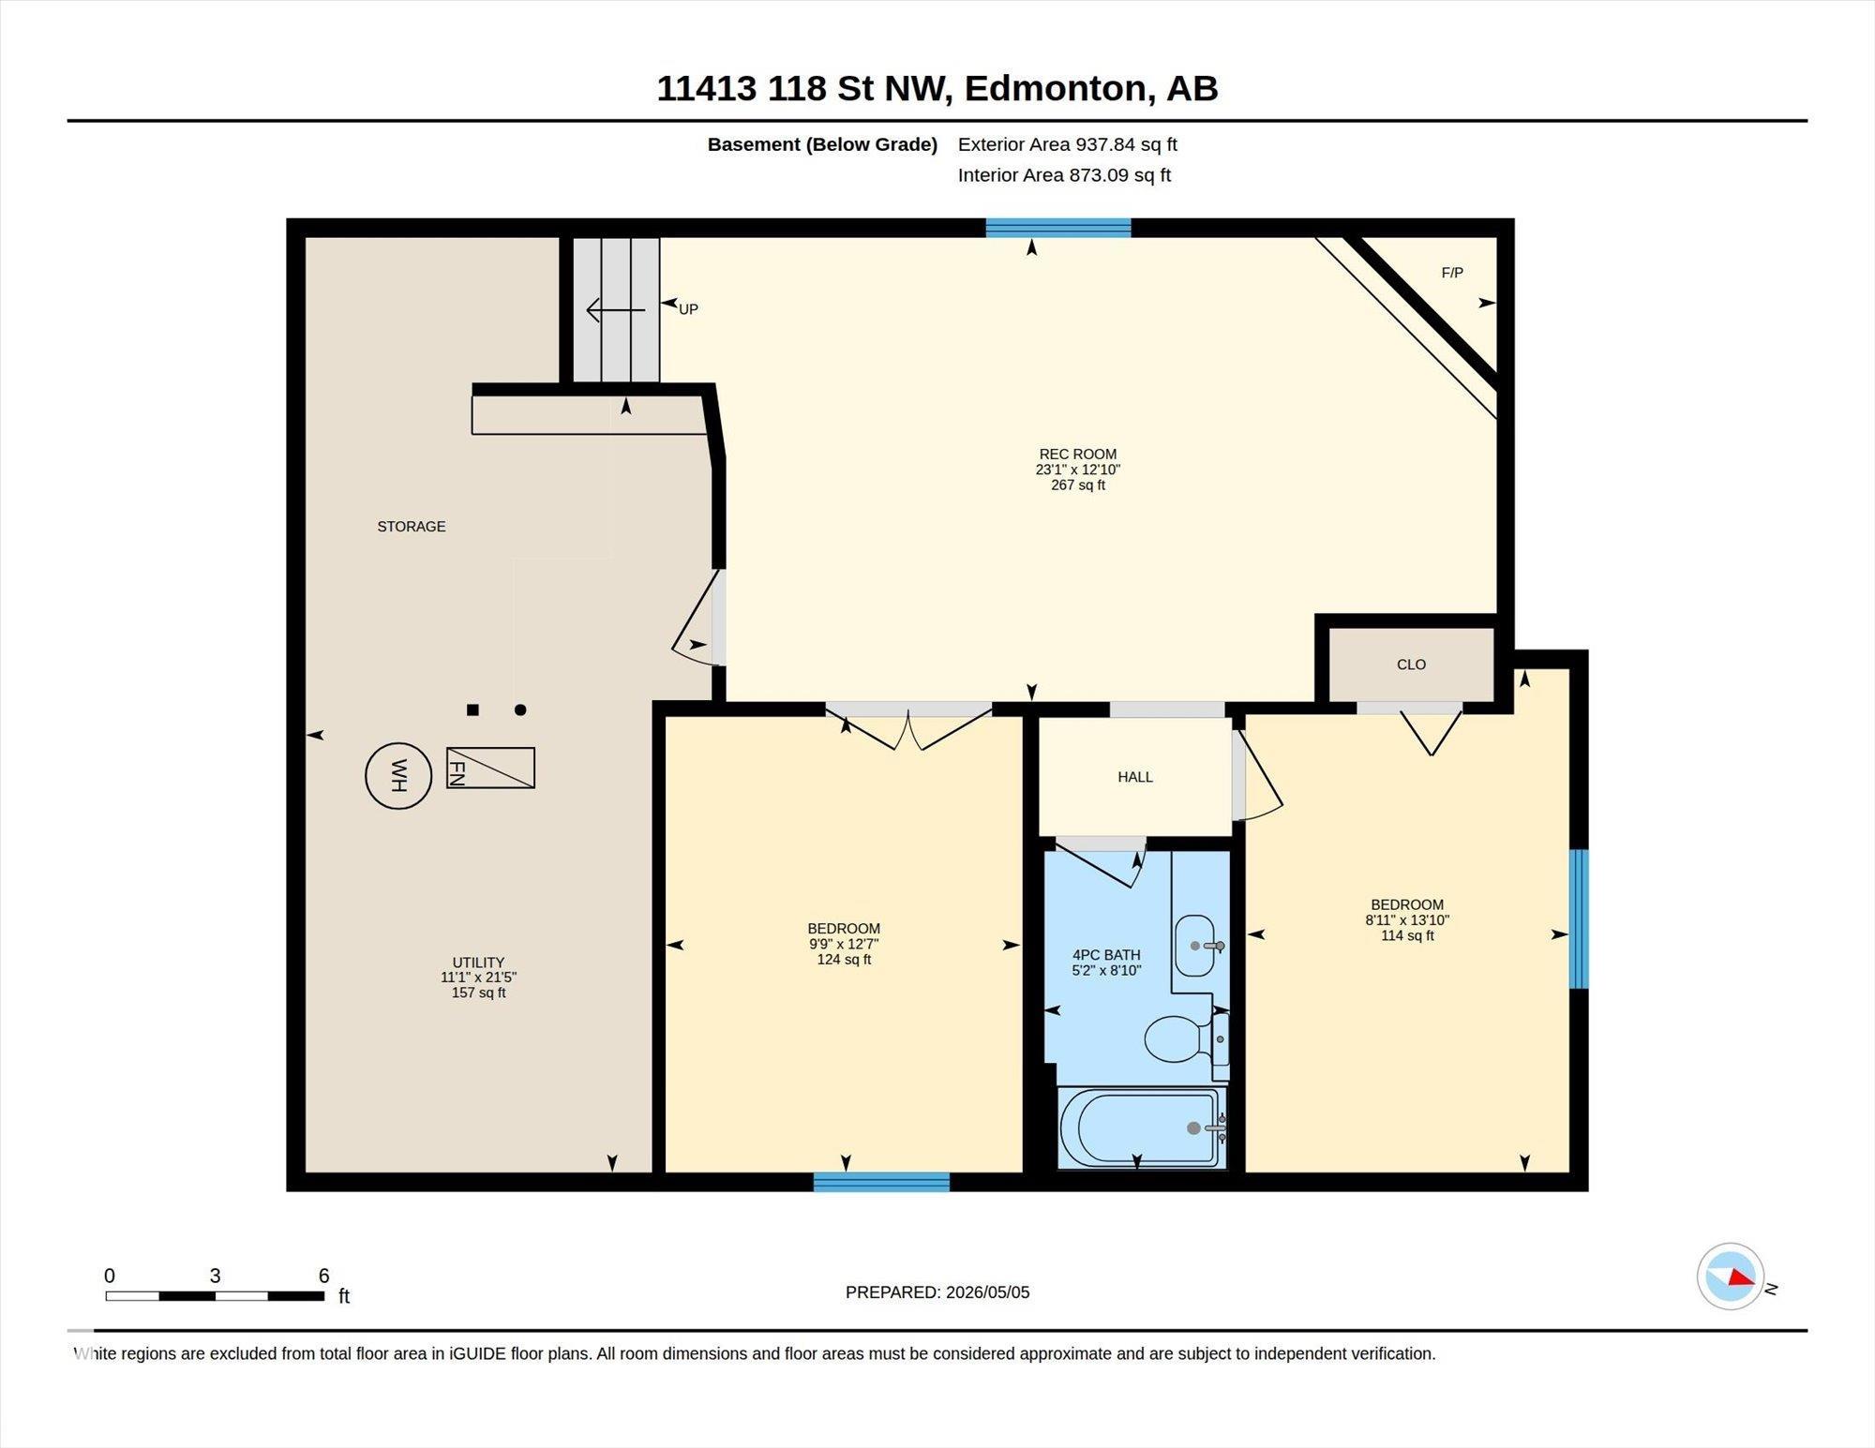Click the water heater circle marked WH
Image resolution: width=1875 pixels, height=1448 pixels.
coord(398,775)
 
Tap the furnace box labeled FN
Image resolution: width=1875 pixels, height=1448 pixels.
coord(490,768)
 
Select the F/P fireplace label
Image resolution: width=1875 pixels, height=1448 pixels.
coord(1452,273)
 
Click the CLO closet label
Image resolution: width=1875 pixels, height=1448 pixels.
coord(1411,664)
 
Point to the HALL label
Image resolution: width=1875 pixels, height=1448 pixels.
coord(1135,777)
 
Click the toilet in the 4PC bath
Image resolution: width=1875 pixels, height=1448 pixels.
coord(1178,1038)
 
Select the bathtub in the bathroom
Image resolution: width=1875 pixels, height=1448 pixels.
coord(1141,1127)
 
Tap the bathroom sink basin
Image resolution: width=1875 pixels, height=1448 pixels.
coord(1195,946)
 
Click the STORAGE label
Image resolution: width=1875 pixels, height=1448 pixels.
coord(412,527)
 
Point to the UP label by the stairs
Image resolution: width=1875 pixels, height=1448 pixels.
coord(688,309)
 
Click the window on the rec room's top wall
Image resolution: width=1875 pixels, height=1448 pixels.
coord(1058,228)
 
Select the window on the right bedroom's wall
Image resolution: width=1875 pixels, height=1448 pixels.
coord(1579,918)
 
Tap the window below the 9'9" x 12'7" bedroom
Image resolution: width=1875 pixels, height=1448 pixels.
coord(881,1182)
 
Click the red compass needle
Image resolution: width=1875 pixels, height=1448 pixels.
coord(1741,1276)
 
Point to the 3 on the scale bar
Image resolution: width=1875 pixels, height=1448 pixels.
coord(215,1276)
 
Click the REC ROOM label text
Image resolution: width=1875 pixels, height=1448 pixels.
coord(1078,455)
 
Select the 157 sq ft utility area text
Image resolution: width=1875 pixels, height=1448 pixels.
coord(478,993)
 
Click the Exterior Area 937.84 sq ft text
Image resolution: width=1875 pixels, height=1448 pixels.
coord(1068,144)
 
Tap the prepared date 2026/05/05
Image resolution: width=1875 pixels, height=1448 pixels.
coord(988,1292)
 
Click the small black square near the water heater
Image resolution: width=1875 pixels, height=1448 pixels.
coord(472,709)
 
